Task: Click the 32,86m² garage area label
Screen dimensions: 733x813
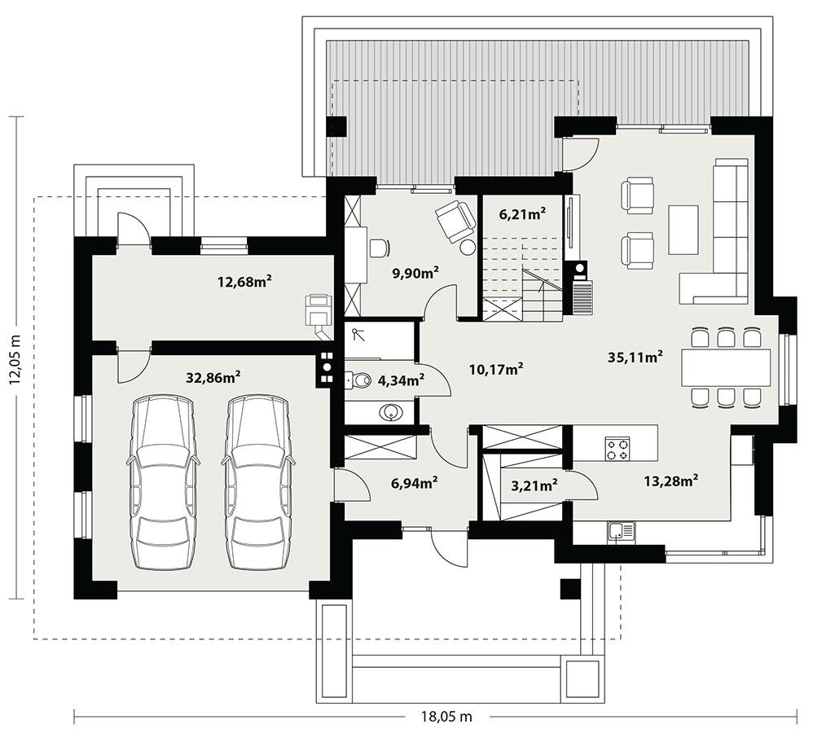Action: (213, 376)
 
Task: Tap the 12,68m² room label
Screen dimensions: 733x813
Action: (244, 282)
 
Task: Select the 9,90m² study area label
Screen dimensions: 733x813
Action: (415, 273)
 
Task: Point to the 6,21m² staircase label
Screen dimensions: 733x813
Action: (522, 215)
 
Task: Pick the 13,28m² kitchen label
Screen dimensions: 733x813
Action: (670, 481)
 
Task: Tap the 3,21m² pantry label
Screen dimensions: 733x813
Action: (534, 486)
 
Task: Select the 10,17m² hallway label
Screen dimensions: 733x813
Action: (495, 369)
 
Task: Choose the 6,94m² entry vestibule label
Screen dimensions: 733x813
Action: (415, 483)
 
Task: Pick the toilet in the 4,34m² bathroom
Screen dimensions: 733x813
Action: (356, 379)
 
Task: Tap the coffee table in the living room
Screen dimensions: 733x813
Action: (683, 229)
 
